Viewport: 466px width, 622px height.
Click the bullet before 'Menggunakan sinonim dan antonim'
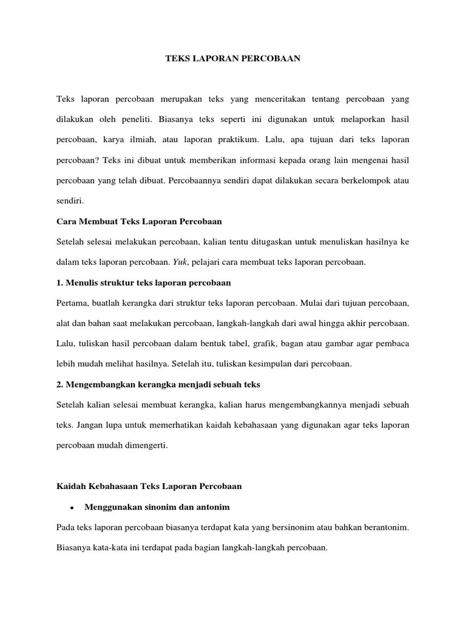click(72, 507)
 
